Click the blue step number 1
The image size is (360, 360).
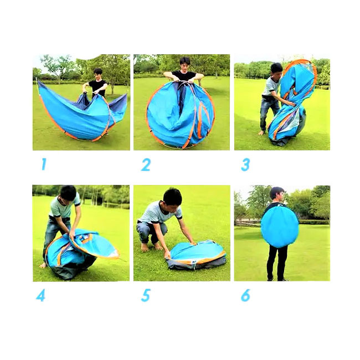44,164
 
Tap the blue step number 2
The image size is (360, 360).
146,164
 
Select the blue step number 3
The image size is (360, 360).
245,165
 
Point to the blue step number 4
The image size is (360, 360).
40,296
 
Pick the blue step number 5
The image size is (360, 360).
146,296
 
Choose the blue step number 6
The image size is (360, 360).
245,296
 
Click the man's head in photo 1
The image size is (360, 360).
98,74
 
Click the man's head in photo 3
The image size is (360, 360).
276,70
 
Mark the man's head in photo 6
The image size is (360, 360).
277,194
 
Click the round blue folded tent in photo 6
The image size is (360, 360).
280,227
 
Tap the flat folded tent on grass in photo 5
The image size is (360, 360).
196,254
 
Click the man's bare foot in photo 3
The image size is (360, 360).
261,133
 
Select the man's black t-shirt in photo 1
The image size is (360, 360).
98,88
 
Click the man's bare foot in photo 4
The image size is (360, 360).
43,265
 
